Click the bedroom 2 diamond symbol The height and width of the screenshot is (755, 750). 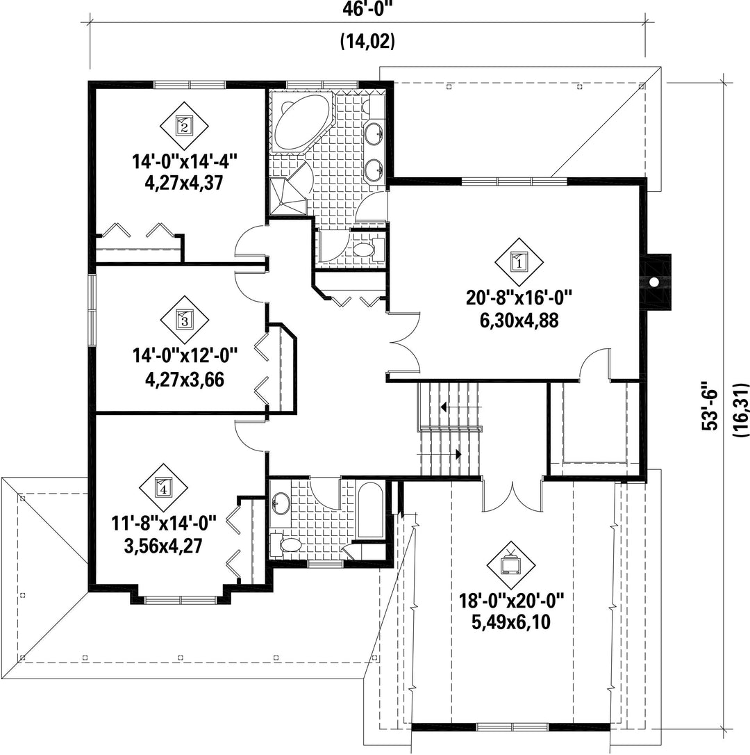point(184,126)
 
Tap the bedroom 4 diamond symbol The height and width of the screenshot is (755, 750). point(164,488)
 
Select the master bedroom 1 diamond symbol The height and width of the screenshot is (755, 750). point(519,262)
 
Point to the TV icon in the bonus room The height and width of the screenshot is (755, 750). point(511,564)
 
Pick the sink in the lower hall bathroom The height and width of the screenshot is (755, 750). point(281,503)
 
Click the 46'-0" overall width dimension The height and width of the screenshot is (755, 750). point(367,9)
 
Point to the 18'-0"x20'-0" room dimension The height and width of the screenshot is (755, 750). point(511,601)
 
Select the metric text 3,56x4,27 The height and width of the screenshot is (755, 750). point(163,546)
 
